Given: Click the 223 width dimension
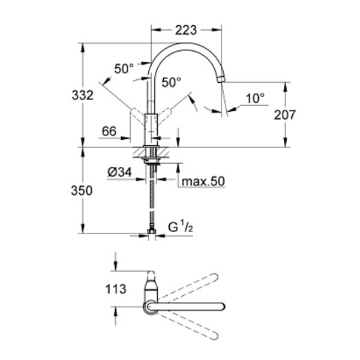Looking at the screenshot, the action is click(x=186, y=30).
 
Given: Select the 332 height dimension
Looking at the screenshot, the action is click(x=83, y=95).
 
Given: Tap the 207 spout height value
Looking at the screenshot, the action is click(x=284, y=115).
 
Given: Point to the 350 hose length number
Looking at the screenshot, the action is click(x=82, y=191).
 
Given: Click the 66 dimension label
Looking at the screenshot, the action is click(x=109, y=131).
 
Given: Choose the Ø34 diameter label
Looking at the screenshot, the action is click(x=119, y=172).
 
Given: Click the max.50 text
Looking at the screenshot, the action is click(x=203, y=181).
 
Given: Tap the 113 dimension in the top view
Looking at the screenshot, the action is click(x=116, y=289).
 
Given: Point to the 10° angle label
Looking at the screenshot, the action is click(x=255, y=98).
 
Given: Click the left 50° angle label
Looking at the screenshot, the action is click(x=124, y=68).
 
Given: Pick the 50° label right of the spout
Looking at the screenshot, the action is click(x=171, y=82).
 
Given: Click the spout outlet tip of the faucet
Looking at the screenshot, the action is click(x=221, y=79).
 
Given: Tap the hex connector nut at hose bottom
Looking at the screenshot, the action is click(x=152, y=231).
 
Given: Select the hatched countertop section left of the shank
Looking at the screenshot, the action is click(x=140, y=152).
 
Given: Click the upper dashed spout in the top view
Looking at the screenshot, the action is click(x=188, y=287).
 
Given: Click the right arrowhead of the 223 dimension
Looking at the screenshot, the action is click(x=217, y=30).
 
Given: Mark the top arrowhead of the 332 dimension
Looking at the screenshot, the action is click(x=83, y=48).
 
